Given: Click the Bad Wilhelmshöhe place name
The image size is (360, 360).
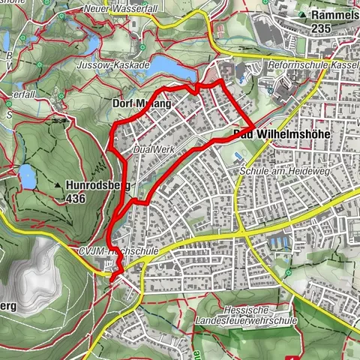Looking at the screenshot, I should point(266,135).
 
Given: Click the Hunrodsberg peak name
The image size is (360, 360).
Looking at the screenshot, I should point(98,184).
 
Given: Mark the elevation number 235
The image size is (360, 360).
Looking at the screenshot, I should point(324,28).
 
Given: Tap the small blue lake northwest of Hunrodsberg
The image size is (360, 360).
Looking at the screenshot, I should point(27,177).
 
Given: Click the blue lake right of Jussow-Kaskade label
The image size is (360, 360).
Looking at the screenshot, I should point(175,70).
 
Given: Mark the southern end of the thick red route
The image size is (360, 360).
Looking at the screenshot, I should point(112,280).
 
